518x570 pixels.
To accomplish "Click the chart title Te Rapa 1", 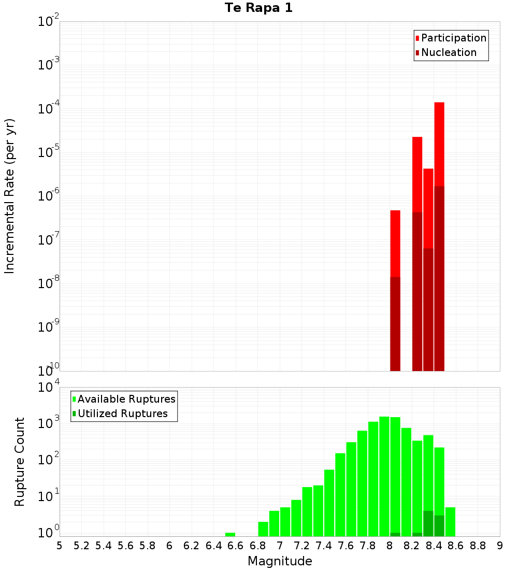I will pos(258,8).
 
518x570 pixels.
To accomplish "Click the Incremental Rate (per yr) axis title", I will pos(10,196).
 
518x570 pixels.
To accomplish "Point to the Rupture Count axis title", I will pos(20,462).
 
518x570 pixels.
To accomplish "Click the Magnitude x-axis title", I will pos(280,561).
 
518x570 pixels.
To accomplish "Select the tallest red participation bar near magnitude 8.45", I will pos(439,145).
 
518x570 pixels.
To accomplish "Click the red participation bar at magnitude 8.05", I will pos(395,244).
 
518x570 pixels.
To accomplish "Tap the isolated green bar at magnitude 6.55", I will pos(230,534).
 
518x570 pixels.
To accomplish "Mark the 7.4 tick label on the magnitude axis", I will pos(324,545).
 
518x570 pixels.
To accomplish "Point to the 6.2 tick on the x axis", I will pos(192,545).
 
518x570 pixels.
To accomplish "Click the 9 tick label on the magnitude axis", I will pos(500,545).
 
